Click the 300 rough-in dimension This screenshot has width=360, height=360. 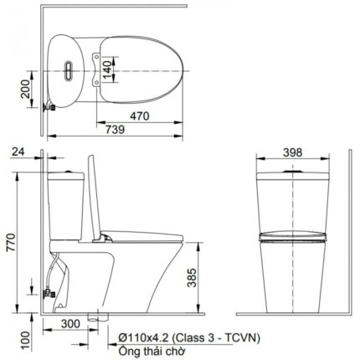71,323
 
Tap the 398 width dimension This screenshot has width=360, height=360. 292,154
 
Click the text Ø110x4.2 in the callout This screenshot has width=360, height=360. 148,338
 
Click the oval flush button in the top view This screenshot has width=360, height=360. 66,71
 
